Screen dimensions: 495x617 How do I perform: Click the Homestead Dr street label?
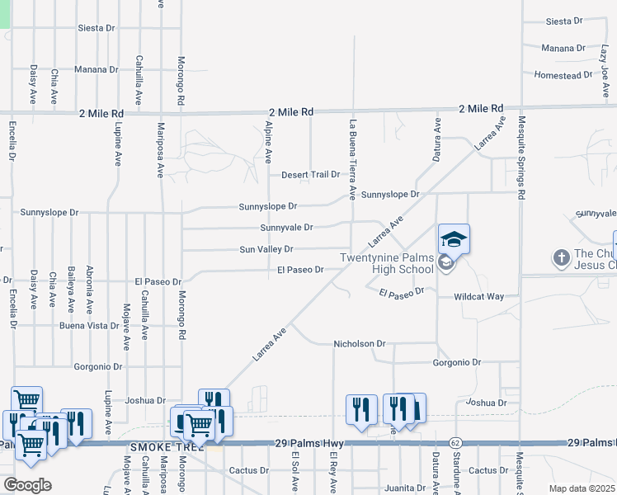point(563,74)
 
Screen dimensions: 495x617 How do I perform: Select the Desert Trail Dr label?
point(310,175)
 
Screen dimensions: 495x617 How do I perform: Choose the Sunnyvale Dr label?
point(286,228)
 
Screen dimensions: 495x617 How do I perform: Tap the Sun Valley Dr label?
point(266,249)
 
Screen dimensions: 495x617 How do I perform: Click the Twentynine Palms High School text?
point(387,264)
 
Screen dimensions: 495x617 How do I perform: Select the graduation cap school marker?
point(454,239)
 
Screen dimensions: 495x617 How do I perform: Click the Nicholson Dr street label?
point(359,343)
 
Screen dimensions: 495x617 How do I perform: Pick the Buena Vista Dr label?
point(89,326)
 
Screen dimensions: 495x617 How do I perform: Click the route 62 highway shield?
point(455,443)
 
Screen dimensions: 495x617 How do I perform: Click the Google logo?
point(26,485)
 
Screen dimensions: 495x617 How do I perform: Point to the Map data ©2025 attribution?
point(582,488)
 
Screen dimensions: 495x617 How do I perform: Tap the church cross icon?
point(562,257)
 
